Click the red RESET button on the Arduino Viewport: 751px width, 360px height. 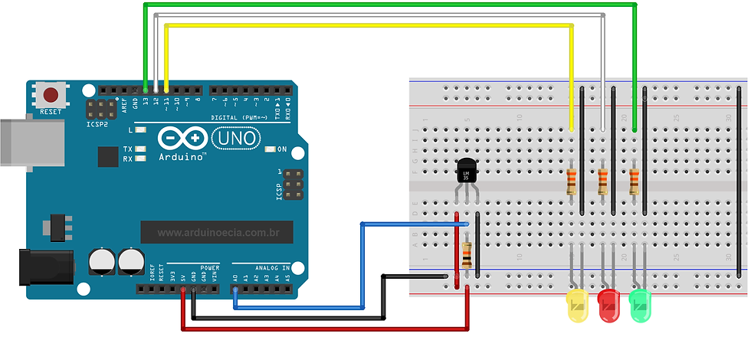pos(51,97)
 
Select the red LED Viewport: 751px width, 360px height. pos(609,305)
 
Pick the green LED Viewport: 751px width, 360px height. pos(641,305)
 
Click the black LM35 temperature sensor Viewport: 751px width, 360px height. pos(467,172)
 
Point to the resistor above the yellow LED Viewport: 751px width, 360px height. pos(572,182)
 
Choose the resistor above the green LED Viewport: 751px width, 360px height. pos(634,182)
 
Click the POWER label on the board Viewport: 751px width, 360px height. pos(209,268)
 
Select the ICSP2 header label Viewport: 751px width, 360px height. pos(97,123)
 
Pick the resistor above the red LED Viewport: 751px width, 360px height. pos(602,182)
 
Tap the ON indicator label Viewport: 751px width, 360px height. pos(281,149)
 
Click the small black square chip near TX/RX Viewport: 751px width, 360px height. pos(107,156)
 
